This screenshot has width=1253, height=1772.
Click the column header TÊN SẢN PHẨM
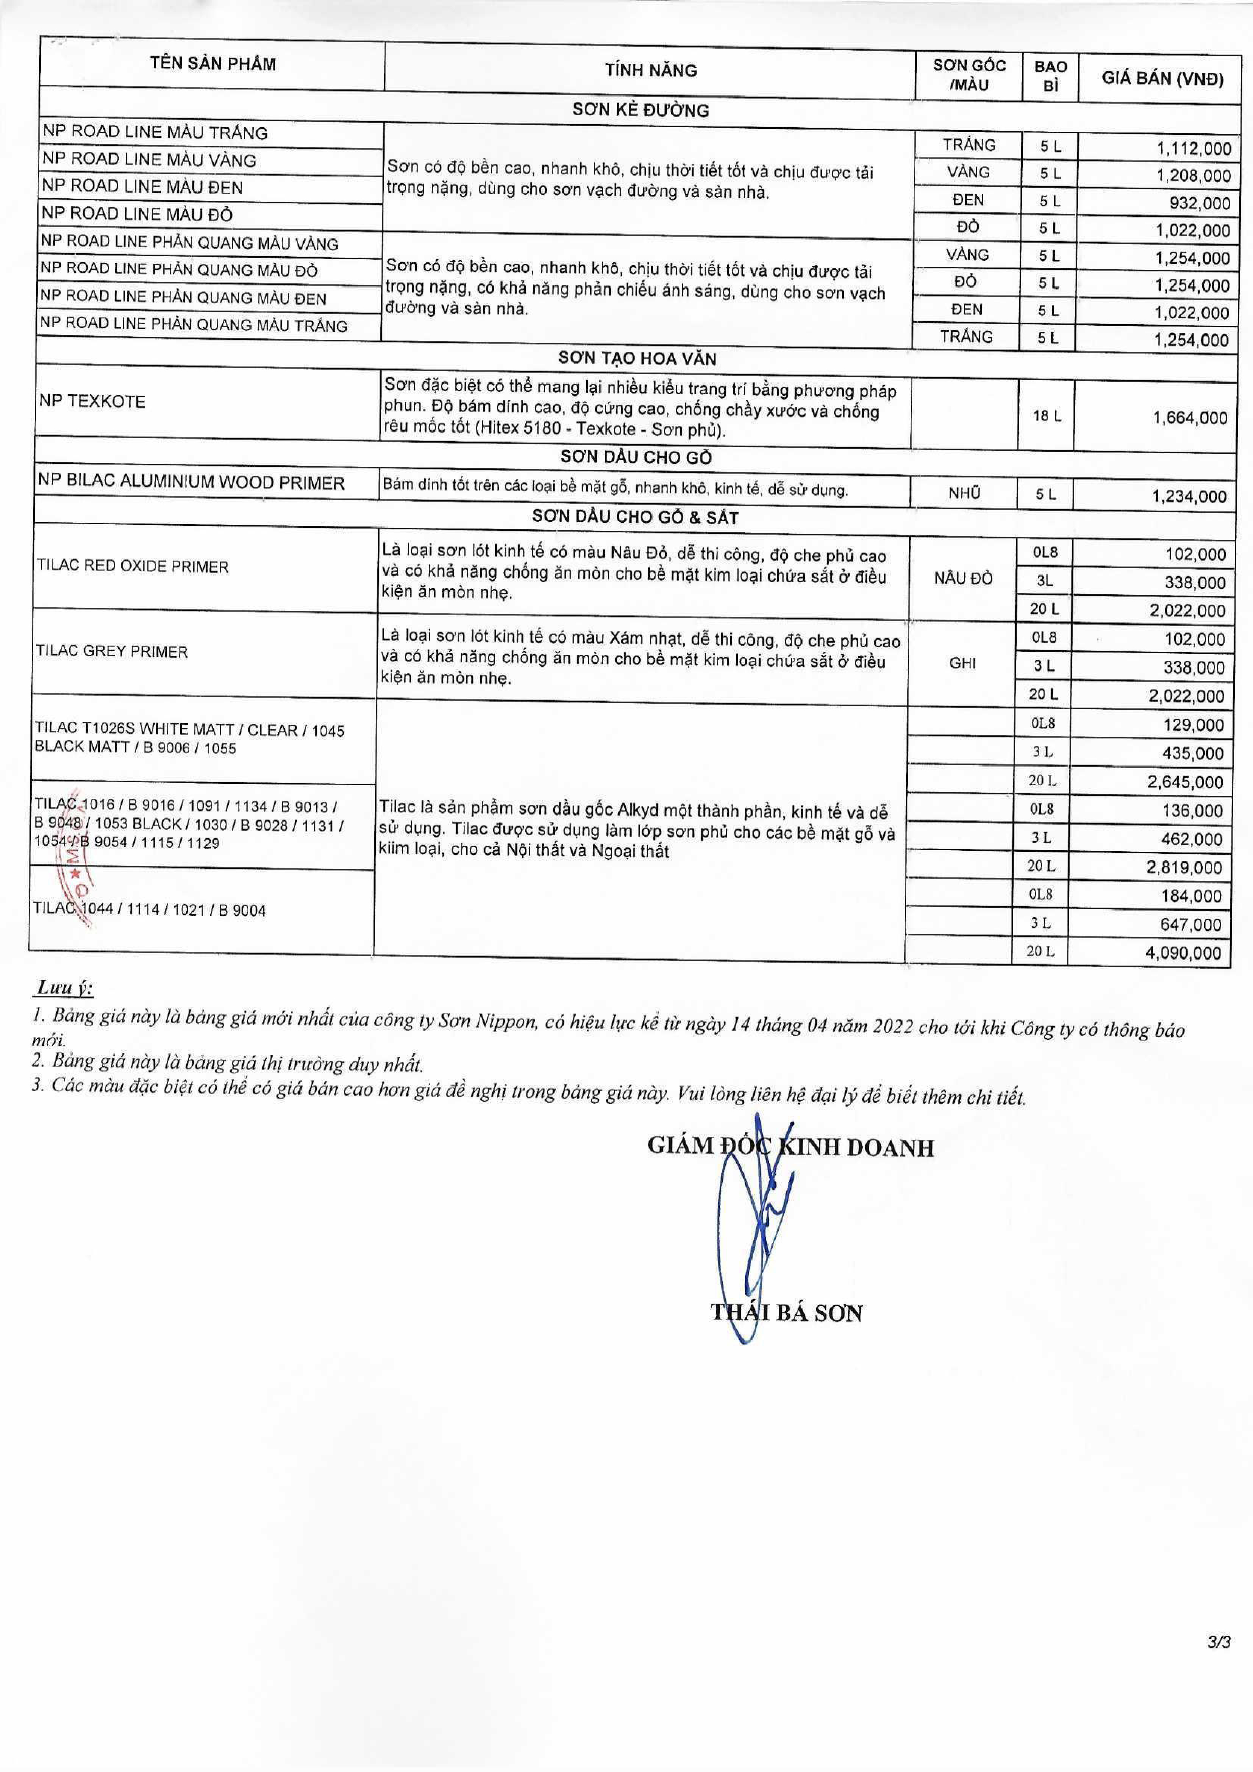click(x=213, y=63)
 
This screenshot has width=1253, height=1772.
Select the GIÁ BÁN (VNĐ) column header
click(x=1162, y=79)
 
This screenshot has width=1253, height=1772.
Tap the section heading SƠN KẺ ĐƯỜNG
click(x=639, y=110)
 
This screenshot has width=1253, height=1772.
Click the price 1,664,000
click(x=1190, y=418)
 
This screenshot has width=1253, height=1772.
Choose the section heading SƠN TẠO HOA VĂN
click(x=637, y=359)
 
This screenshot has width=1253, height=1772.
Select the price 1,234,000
click(x=1189, y=496)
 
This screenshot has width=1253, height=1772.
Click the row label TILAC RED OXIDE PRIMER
click(x=133, y=567)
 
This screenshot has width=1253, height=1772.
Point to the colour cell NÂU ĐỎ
click(x=963, y=579)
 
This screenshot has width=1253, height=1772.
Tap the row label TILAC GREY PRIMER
click(x=112, y=652)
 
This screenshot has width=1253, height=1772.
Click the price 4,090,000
click(x=1184, y=953)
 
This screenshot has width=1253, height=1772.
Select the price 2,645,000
click(x=1185, y=782)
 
